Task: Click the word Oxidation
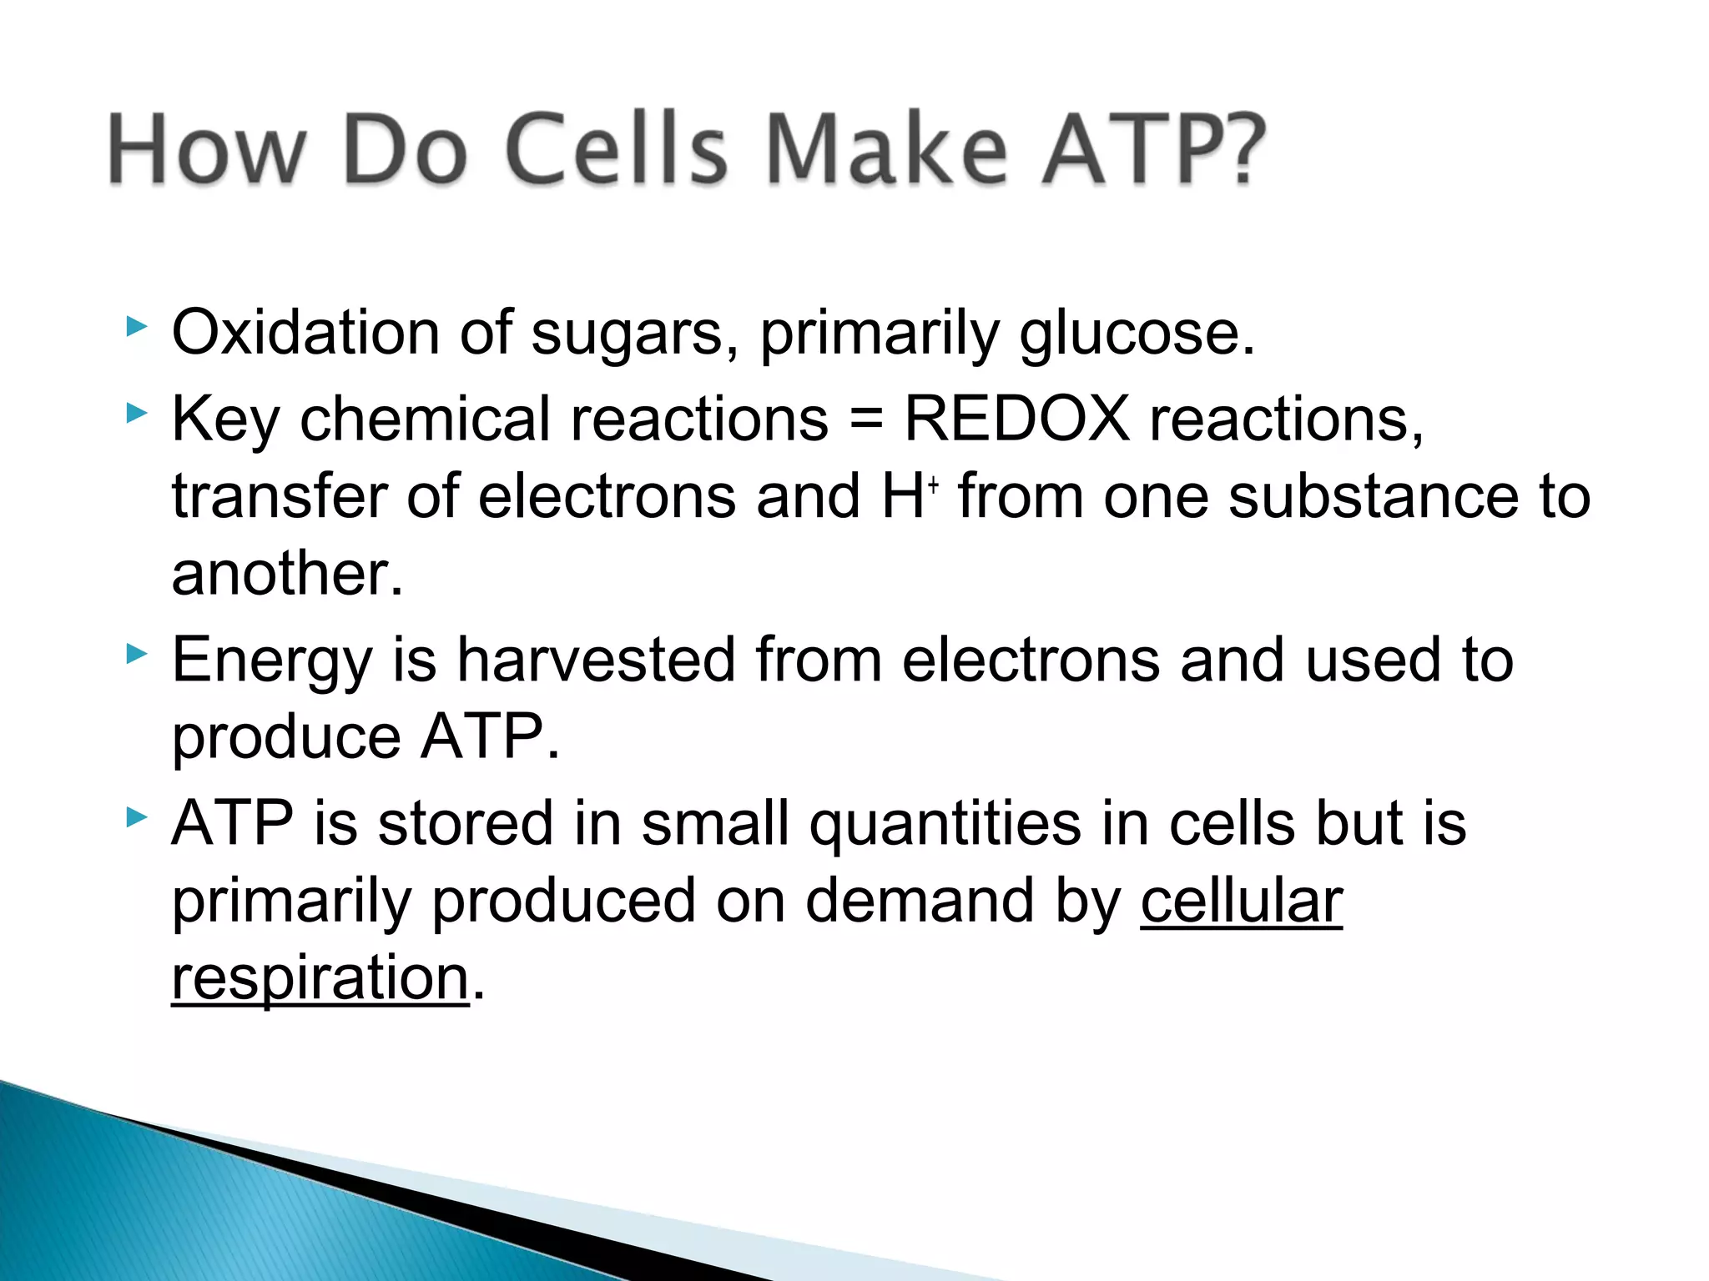(x=305, y=333)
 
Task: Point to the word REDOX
(x=1016, y=418)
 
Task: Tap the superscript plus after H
(x=933, y=484)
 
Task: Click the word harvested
(x=596, y=660)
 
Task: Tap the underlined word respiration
(x=320, y=979)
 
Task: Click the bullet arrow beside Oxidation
(x=136, y=327)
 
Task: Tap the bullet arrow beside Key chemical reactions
(x=136, y=413)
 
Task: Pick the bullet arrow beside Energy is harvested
(x=136, y=654)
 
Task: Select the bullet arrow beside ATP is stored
(x=136, y=817)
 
